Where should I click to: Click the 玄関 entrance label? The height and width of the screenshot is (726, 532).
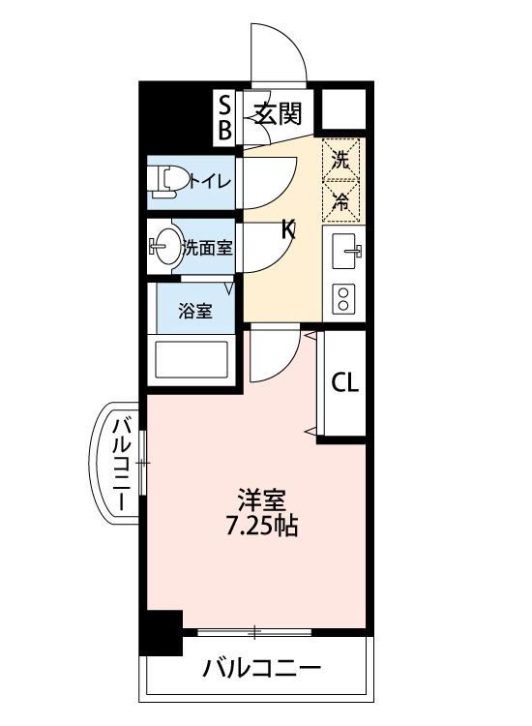coord(279,115)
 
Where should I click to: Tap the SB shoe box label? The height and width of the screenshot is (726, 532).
coord(224,116)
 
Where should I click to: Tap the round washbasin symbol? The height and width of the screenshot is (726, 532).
coord(168,247)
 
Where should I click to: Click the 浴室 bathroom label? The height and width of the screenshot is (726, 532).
coord(195,311)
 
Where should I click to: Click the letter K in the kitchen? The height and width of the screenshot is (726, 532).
coord(287,230)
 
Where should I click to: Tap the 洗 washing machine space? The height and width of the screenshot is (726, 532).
coord(341,160)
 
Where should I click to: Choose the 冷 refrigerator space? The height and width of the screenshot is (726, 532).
coord(341,202)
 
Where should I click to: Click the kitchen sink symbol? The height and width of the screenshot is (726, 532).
coord(345,254)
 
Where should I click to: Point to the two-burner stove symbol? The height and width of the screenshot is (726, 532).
coord(342,297)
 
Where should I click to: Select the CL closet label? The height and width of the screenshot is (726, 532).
coord(345,381)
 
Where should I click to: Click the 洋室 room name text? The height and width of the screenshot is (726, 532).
coord(261,500)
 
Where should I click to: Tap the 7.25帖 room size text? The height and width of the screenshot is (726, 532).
coord(261,527)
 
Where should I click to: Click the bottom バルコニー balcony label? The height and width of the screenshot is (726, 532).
coord(260,669)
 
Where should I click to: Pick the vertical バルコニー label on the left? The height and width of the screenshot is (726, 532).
coord(123,466)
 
